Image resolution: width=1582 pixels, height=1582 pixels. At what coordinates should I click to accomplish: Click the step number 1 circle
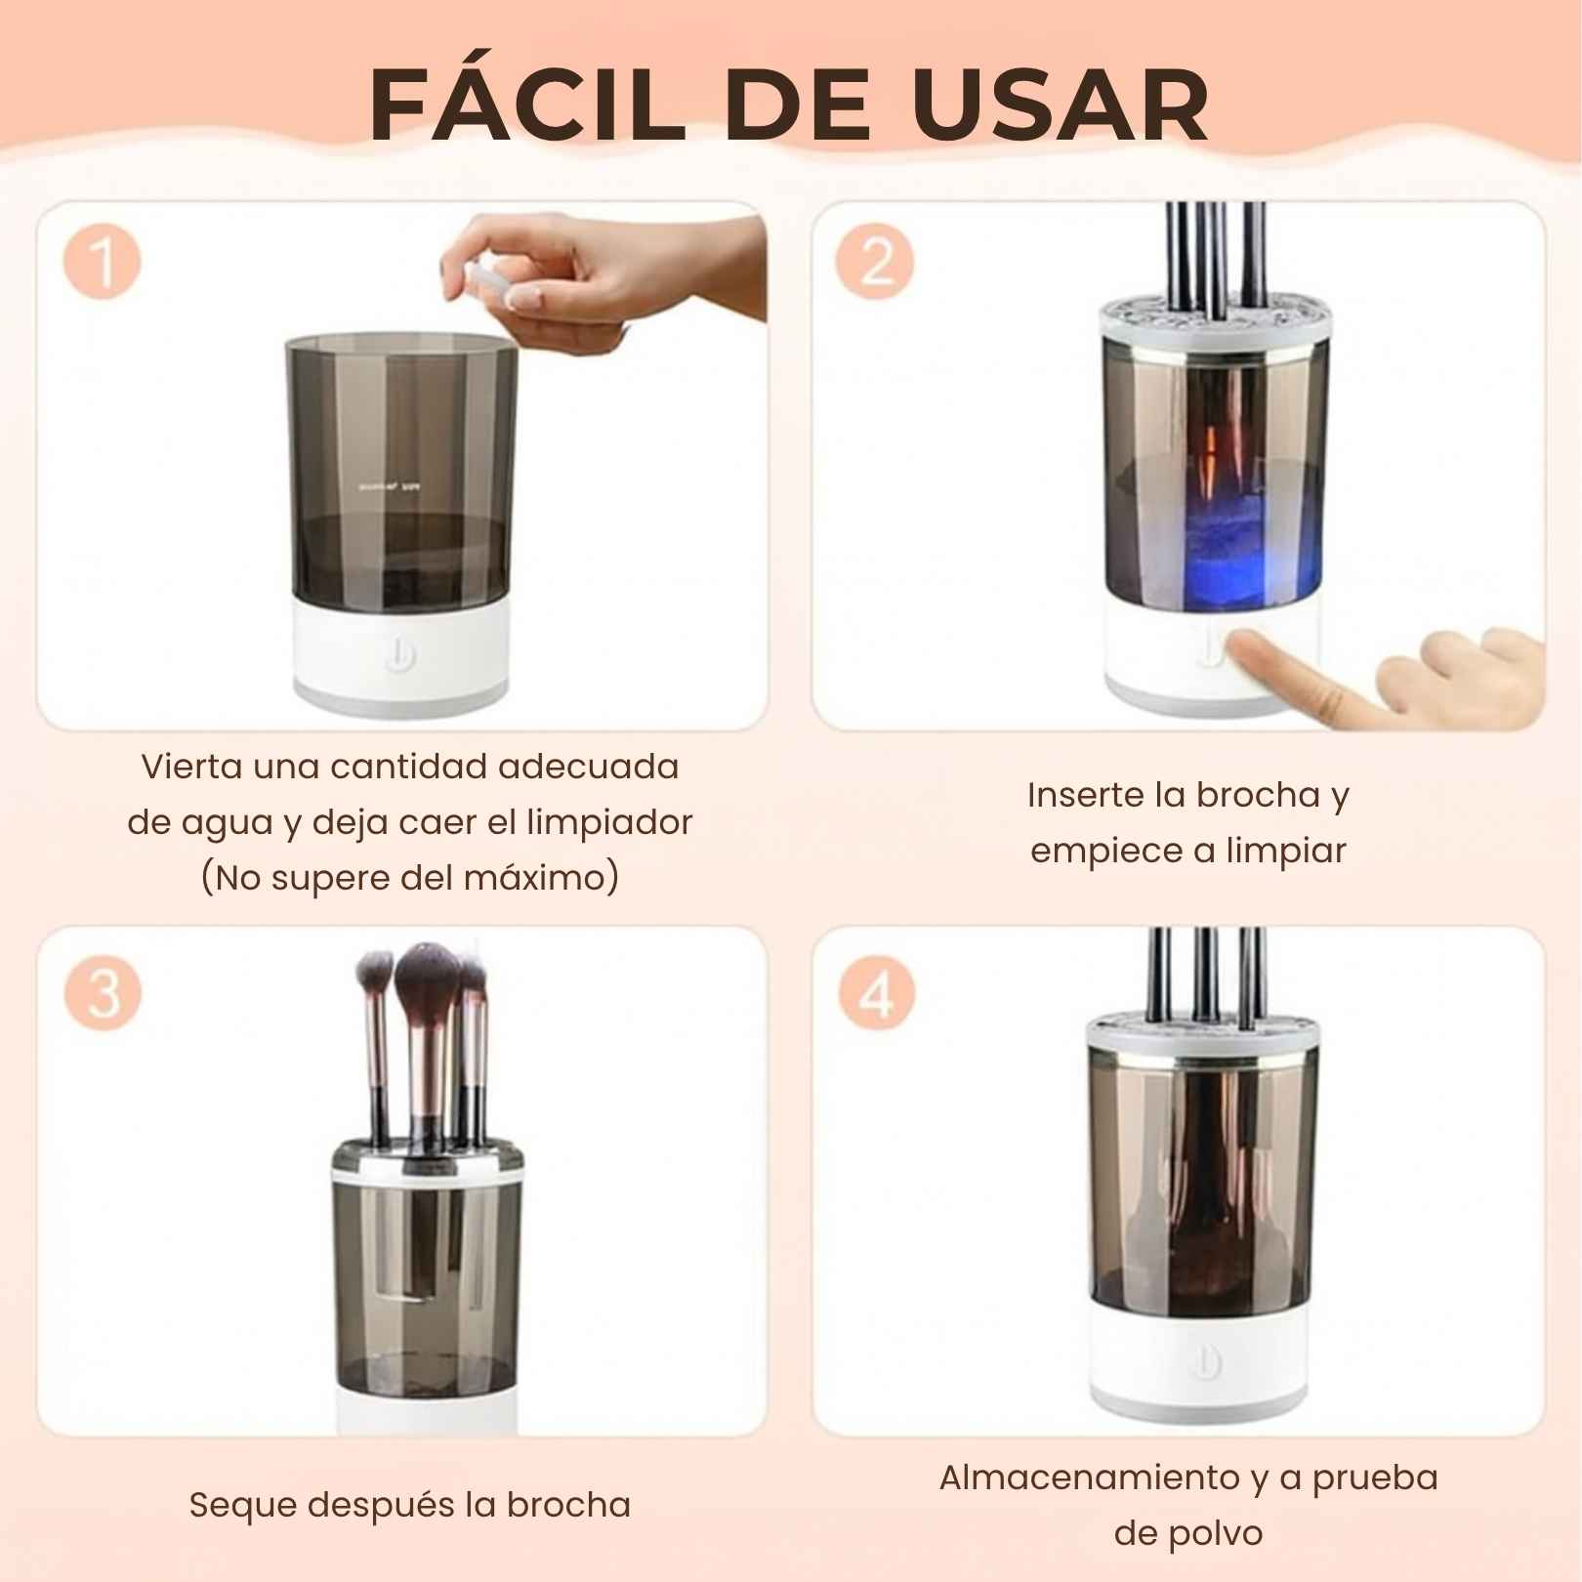tap(103, 264)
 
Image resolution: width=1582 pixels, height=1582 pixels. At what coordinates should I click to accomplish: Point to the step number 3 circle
tap(103, 992)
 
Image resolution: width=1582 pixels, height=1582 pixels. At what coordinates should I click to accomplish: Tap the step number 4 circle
tap(877, 992)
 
